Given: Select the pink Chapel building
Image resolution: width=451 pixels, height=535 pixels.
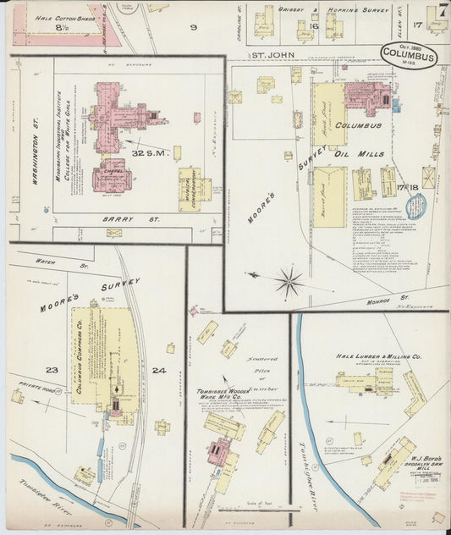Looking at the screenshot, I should click(x=108, y=174).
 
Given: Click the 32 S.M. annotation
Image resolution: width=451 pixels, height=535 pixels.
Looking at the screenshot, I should click(x=151, y=152).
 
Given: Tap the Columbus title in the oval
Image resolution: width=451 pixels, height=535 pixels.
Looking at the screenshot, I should click(x=409, y=58).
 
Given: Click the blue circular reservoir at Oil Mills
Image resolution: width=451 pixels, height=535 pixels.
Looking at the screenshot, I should click(x=416, y=207).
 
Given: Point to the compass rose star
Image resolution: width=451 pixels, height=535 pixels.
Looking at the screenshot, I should click(x=289, y=281).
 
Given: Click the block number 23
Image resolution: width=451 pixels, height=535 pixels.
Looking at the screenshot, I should click(x=52, y=370).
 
